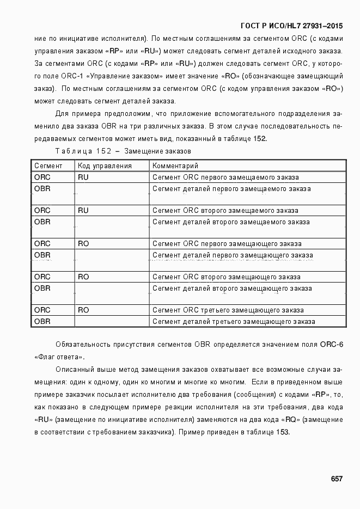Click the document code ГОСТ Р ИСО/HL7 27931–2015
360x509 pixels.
tap(291, 26)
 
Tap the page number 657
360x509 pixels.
tap(337, 479)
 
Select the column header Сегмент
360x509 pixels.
tap(48, 165)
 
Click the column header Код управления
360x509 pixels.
tap(105, 165)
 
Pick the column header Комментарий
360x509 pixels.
tap(175, 165)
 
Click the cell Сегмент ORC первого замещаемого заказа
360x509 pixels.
tap(225, 177)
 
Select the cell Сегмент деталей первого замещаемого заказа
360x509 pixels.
tap(231, 189)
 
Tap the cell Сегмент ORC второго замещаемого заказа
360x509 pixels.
tap(225, 210)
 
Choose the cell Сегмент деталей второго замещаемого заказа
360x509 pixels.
tap(231, 222)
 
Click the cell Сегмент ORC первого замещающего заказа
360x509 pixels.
tap(227, 243)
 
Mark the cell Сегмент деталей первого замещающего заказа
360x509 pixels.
tap(233, 255)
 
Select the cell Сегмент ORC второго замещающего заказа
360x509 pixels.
tap(226, 277)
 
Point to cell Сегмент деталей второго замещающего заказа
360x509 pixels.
tap(232, 288)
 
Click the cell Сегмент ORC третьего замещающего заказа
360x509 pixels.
tap(228, 310)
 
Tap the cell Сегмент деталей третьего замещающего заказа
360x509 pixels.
tap(234, 321)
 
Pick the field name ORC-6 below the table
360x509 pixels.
tap(332, 345)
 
